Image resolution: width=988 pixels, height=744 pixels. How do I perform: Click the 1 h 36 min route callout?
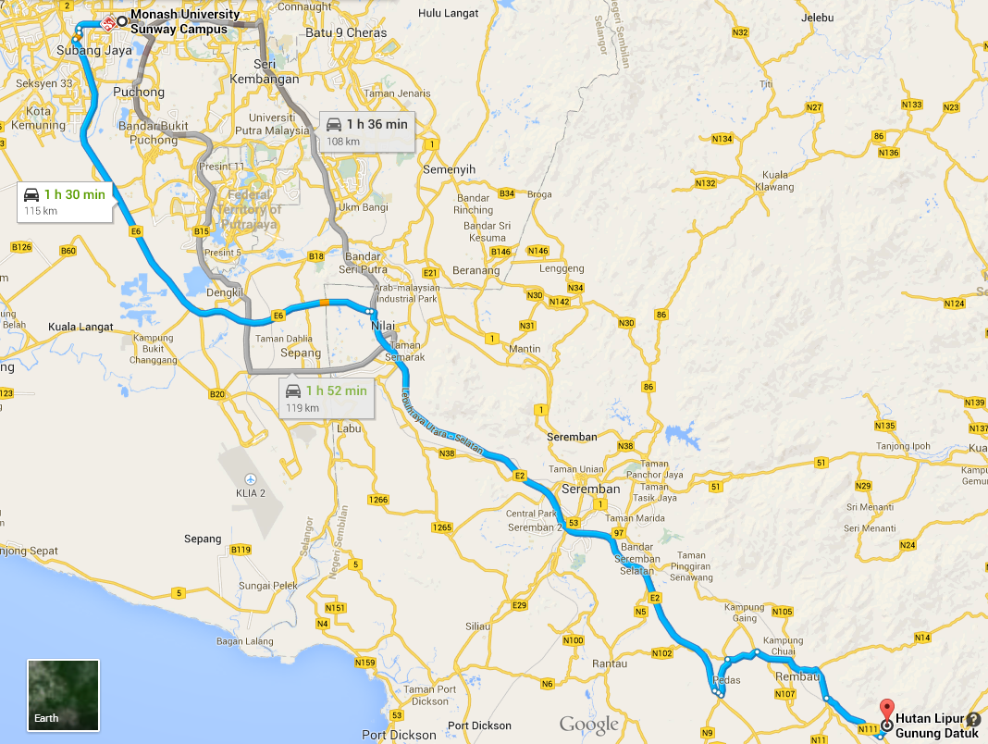(x=366, y=131)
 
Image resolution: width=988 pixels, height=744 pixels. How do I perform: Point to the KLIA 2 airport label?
(x=250, y=492)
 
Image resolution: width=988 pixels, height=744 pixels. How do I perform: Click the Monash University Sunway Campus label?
(x=185, y=22)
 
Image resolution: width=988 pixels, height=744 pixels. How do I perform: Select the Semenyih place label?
(x=449, y=170)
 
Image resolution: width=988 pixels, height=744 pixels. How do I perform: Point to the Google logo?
(x=588, y=724)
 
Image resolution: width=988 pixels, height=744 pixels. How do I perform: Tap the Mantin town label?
(x=525, y=349)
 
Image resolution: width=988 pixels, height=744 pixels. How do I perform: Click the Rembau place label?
(x=785, y=676)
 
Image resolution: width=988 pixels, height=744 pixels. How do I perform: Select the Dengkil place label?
(x=226, y=292)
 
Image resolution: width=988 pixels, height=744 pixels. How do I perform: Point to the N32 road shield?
(x=739, y=32)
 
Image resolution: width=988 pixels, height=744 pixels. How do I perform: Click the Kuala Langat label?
(x=80, y=327)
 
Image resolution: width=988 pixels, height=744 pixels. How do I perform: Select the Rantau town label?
(x=610, y=663)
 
